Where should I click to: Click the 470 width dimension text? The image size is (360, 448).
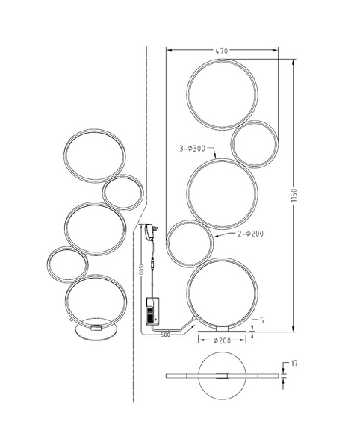click(221, 51)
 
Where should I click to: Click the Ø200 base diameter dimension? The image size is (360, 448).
click(222, 340)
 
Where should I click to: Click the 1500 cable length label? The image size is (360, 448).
click(138, 269)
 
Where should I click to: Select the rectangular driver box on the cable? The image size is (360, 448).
click(154, 310)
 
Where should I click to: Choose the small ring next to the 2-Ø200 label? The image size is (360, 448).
click(190, 243)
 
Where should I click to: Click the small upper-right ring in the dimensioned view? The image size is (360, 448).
click(254, 143)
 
